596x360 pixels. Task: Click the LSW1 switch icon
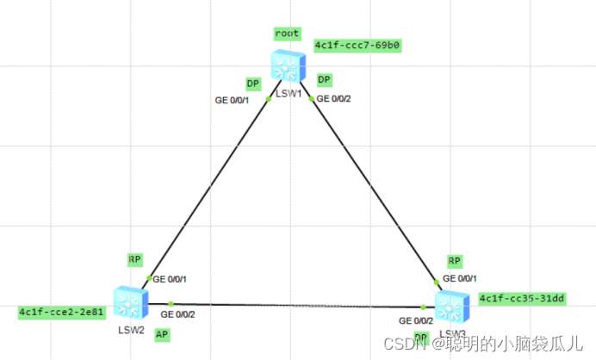pos(286,65)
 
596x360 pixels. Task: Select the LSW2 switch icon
pos(132,301)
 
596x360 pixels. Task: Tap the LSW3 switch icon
pos(450,306)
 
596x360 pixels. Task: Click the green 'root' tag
pos(287,34)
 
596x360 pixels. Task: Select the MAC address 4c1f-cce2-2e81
pos(61,313)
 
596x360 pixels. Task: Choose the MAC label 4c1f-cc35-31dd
pos(521,298)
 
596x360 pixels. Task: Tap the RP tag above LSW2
pos(134,258)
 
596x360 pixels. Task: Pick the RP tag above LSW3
pos(455,261)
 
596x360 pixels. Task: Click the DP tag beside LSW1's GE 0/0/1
pos(252,84)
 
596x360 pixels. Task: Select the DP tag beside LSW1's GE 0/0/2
pos(324,80)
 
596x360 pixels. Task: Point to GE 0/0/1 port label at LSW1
pos(232,100)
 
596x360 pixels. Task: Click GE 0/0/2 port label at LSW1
pos(334,98)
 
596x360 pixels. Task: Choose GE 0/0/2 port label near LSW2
pos(177,313)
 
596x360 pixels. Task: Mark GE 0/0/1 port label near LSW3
pos(460,279)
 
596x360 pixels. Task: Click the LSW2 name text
pos(129,329)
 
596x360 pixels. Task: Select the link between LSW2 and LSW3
pos(293,305)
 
